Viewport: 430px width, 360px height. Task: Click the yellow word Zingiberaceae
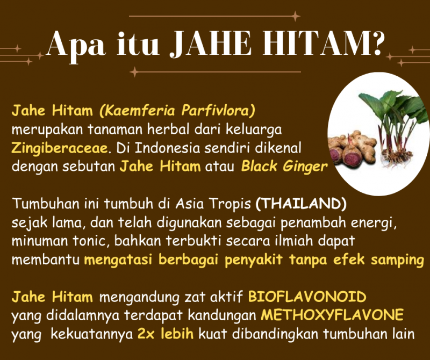coord(60,148)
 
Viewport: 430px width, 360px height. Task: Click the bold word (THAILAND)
coord(301,204)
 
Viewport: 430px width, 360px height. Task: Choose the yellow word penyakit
coord(253,260)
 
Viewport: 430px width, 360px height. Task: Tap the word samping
coord(398,260)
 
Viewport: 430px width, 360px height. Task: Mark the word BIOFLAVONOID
coord(307,297)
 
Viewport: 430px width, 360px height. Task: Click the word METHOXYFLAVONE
coord(332,315)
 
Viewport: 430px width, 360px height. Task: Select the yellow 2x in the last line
coord(146,334)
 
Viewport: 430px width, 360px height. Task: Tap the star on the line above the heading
coord(295,16)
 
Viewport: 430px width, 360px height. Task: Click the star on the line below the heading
coord(134,72)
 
